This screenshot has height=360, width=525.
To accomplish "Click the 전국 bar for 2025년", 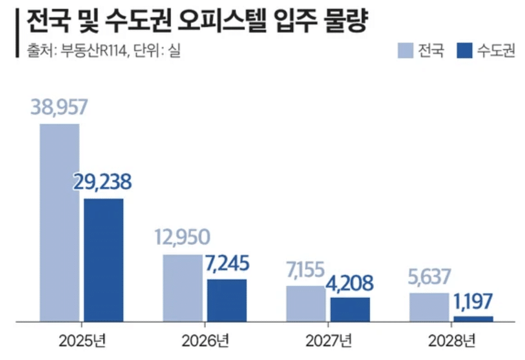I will [60, 222].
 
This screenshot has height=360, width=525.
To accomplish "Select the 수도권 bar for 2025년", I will [104, 259].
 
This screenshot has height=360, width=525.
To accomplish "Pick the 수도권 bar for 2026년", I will [227, 300].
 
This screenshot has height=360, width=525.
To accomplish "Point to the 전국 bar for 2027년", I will [306, 303].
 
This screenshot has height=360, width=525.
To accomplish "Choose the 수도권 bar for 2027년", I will [350, 309].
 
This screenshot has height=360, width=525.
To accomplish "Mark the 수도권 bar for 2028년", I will [473, 319].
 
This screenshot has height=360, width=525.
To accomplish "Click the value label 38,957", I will [60, 107].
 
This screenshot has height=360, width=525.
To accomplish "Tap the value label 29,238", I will [104, 182].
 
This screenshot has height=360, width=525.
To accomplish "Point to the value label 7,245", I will [227, 263].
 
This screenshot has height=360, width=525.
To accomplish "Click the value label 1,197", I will [473, 300].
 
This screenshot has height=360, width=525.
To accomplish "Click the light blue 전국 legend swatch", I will [406, 50].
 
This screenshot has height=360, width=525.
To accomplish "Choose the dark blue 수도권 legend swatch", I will [464, 50].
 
